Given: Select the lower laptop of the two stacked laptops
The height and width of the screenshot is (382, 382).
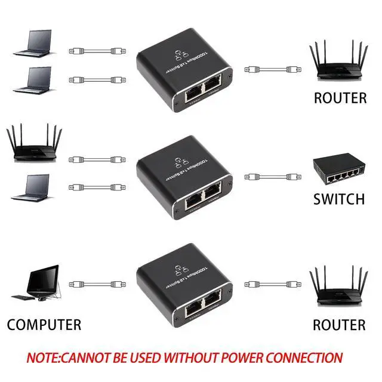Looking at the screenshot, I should tap(30, 79).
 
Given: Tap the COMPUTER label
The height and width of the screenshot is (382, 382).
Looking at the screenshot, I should tap(44, 325).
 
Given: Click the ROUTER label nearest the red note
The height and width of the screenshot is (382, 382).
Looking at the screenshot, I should tap(339, 325).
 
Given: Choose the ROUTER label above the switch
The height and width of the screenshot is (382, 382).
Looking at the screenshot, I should tap(340, 98).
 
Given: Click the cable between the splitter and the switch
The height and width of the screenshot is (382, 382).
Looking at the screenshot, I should tap(271, 177).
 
